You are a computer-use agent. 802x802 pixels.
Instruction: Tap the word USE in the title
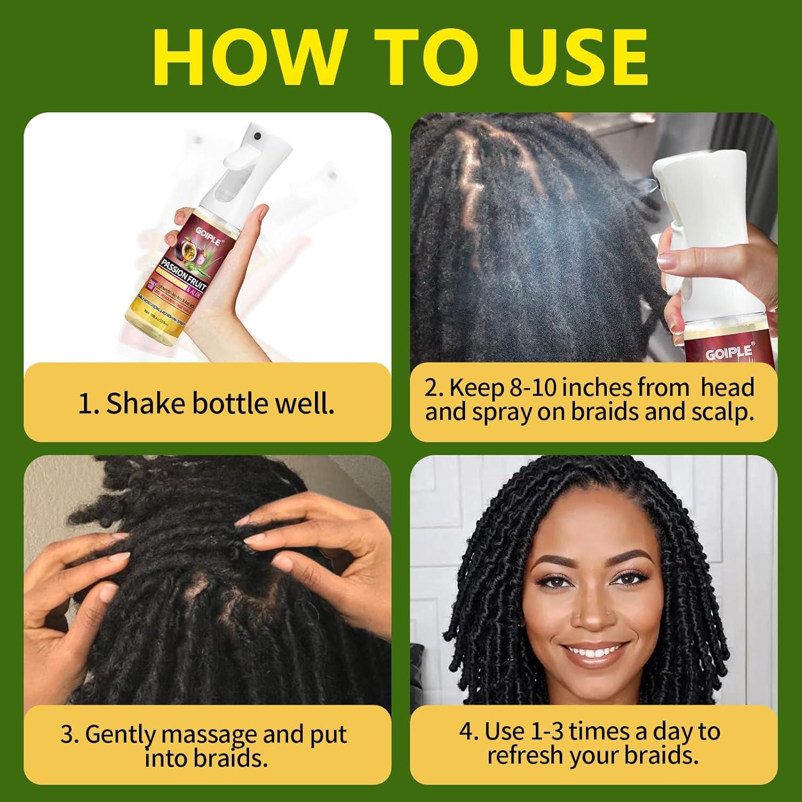pyautogui.click(x=572, y=57)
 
